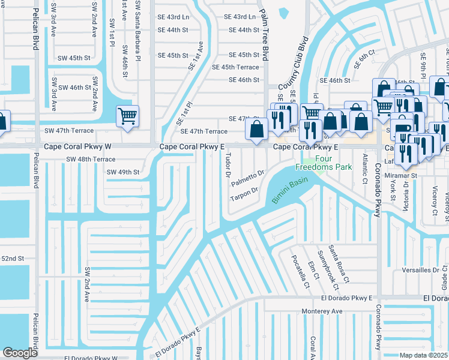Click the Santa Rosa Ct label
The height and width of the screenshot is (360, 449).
click(342, 266)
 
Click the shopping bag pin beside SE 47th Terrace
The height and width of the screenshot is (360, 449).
click(257, 129)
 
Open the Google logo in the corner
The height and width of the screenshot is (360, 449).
click(20, 353)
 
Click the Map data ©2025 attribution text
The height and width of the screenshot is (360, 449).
click(423, 355)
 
